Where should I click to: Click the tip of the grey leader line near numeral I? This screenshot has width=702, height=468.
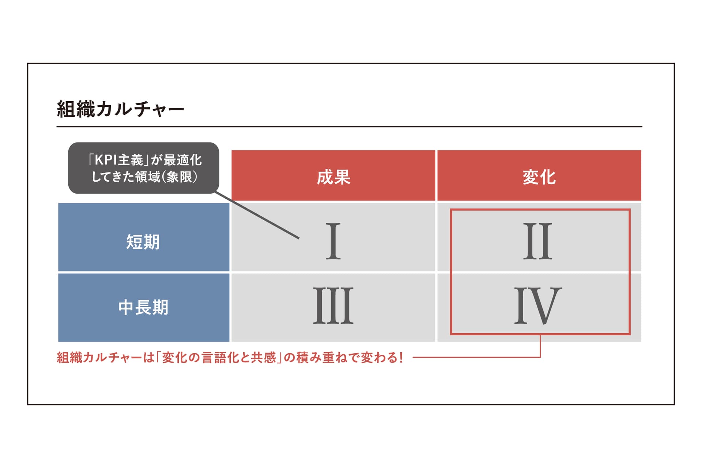(299, 238)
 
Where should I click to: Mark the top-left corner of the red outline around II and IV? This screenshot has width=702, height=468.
(451, 209)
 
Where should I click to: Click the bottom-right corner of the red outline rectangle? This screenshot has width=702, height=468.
(630, 334)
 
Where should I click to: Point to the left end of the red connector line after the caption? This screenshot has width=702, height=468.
(413, 357)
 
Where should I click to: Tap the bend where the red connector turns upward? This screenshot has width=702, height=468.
(540, 357)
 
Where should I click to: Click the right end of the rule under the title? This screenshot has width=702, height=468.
(642, 127)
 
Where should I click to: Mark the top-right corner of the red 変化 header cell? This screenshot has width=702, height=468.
(641, 150)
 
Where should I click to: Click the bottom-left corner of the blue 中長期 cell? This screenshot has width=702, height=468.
(58, 342)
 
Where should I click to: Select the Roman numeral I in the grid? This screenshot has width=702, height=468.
(333, 241)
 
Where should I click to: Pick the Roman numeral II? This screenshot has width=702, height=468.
(538, 241)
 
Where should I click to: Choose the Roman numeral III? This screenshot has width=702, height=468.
(333, 306)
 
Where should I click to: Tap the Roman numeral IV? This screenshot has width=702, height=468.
(538, 306)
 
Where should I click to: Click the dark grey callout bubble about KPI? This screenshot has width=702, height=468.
(144, 168)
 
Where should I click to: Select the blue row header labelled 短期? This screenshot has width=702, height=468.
(144, 237)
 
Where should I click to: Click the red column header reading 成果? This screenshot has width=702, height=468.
(333, 175)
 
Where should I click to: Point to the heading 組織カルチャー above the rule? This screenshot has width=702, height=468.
(121, 109)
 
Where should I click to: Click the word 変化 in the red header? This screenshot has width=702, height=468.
(539, 177)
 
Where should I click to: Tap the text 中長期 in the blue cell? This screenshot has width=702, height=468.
(143, 307)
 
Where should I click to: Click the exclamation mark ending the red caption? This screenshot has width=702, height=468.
(401, 357)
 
